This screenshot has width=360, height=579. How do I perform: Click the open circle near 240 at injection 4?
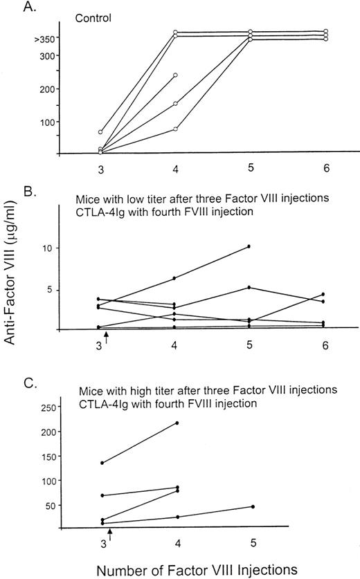[x=176, y=75]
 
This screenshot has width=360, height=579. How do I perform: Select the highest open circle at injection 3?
[x=100, y=131]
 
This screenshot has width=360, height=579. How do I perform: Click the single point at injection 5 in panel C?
[x=253, y=506]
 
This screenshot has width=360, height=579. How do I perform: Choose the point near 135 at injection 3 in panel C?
[x=102, y=463]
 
